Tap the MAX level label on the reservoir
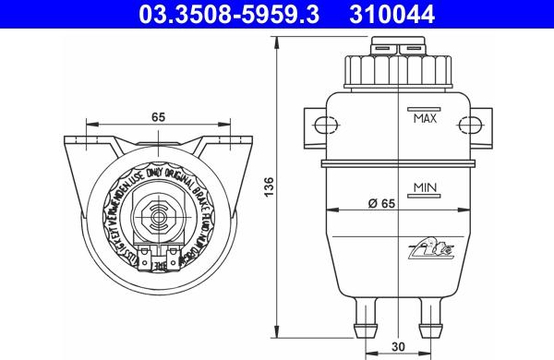pos(425,119)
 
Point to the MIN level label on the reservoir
pos(425,187)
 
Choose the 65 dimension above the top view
pos(159,117)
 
